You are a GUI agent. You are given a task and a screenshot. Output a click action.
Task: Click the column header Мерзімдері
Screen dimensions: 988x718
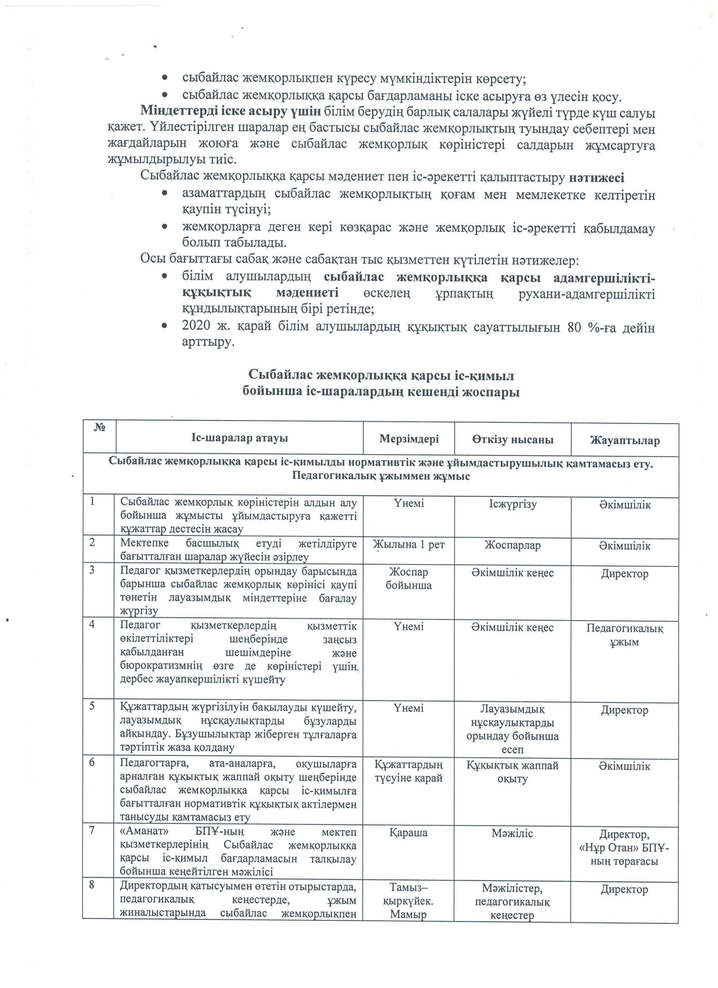pos(409,439)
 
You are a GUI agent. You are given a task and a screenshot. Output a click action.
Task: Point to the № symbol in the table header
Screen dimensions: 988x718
pos(99,428)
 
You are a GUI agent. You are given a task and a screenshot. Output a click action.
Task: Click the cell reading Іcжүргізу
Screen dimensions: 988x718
pos(512,504)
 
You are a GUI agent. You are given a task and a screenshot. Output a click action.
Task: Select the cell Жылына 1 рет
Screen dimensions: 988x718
pos(409,544)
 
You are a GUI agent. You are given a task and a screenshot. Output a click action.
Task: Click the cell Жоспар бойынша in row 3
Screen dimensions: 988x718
pos(409,578)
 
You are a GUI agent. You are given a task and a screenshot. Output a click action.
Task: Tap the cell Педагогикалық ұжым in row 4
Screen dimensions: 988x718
pos(625,635)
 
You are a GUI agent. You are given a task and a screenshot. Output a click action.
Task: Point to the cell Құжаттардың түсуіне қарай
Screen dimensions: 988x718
pos(409,771)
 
